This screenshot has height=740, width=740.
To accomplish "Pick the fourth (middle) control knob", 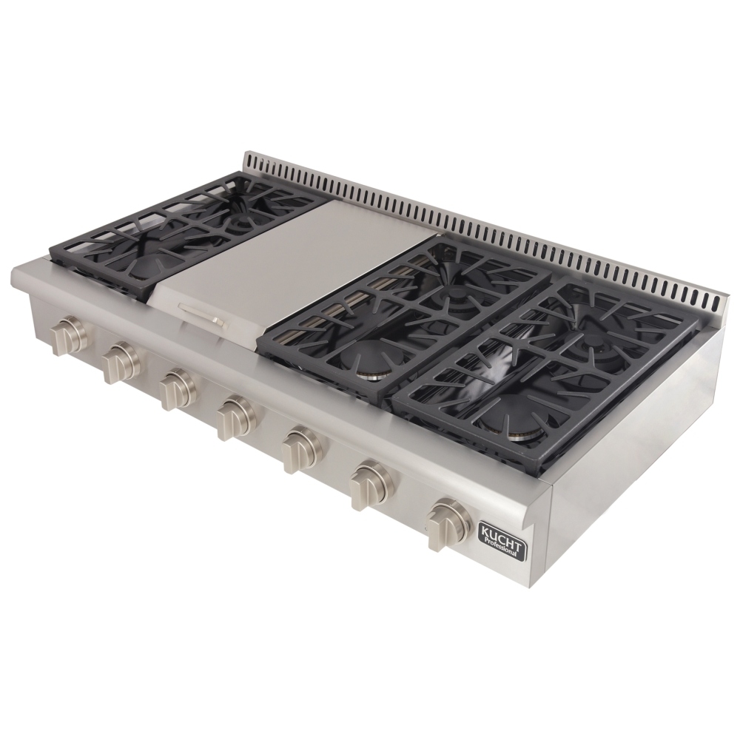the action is tap(238, 416).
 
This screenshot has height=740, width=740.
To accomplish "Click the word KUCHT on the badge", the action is tap(502, 535).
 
